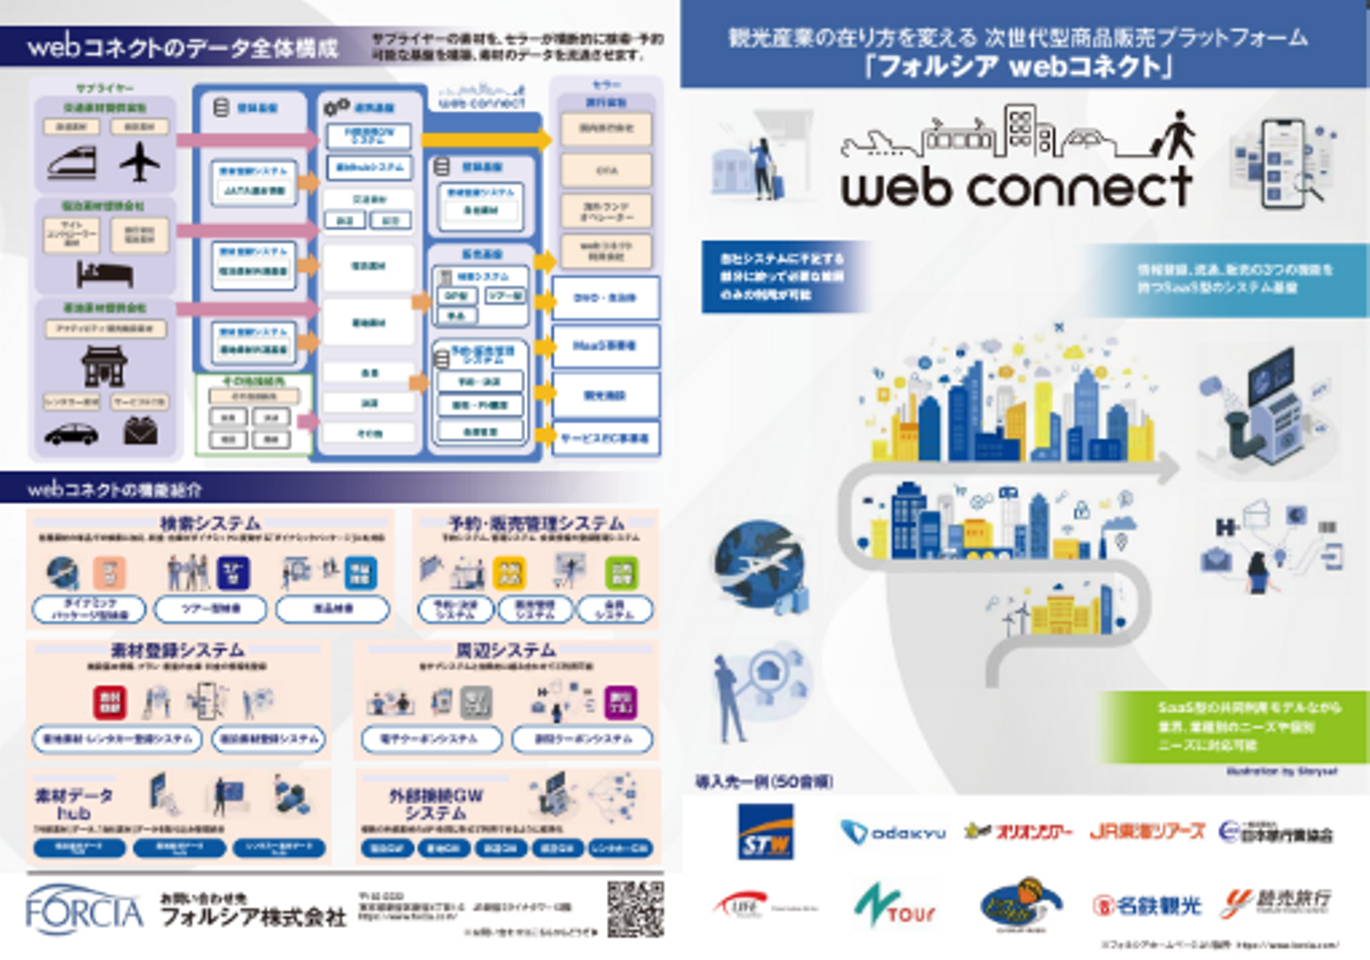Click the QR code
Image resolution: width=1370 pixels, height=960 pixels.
coord(636,908)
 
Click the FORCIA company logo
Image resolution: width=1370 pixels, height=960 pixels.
coord(84,910)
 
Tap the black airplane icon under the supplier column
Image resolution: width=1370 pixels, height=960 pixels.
coord(140,161)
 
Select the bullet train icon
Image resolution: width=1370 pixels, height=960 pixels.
coord(72,163)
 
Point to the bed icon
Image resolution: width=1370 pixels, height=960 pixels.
coord(105,274)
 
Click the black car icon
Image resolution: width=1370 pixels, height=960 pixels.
coord(71,434)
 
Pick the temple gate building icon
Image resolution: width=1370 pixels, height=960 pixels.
coord(104,364)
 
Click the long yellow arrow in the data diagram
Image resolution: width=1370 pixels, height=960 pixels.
coord(485,140)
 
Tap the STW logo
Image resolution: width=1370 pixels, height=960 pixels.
coord(766,832)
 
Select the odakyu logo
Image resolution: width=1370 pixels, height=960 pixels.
coord(892,833)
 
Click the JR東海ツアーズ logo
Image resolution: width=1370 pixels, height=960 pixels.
coord(1147,832)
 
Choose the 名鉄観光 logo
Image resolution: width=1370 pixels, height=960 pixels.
coord(1147,905)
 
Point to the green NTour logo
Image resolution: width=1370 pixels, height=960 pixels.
coord(894,905)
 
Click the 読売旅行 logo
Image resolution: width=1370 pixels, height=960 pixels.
coord(1276,902)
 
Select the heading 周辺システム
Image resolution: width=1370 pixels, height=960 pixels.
coord(505,650)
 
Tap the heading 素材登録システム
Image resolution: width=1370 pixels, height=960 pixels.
coord(177,650)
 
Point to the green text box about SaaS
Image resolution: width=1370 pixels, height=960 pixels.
coord(1234,727)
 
